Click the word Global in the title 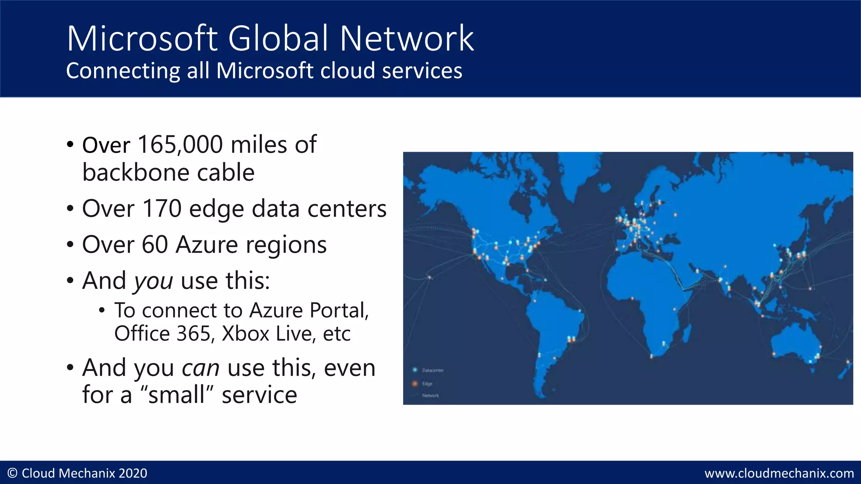point(277,38)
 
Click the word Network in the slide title point(407,38)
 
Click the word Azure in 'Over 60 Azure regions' point(206,245)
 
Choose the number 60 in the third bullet point(154,245)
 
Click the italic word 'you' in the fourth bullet point(153,281)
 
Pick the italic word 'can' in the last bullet point(200,368)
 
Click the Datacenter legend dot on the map point(415,370)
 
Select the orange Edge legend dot point(415,384)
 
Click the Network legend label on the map point(430,396)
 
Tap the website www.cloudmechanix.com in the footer point(779,473)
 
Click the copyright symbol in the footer point(13,473)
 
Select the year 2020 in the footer point(133,473)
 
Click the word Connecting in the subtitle point(123,71)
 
